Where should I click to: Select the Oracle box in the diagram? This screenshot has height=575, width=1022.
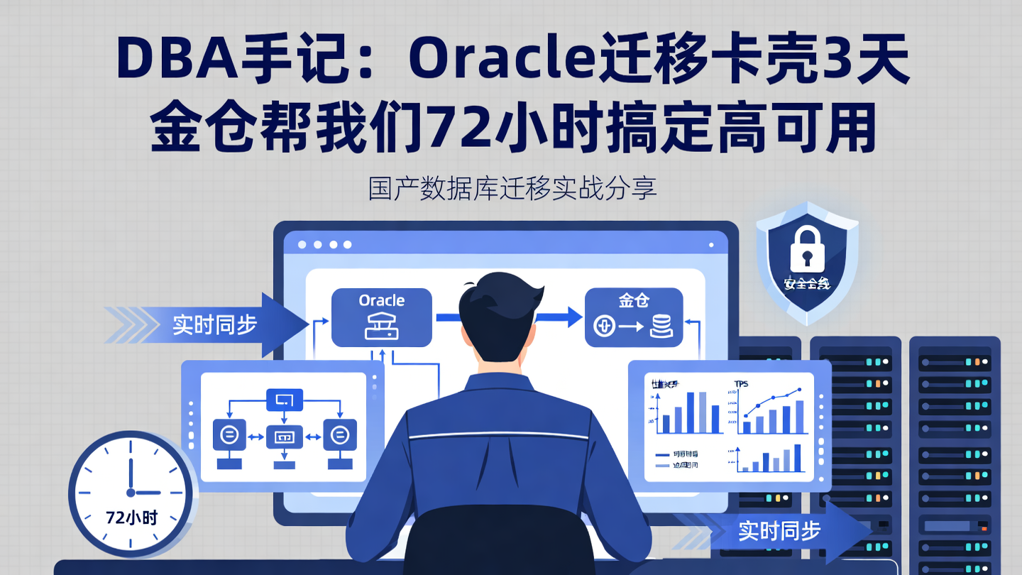pos(382,317)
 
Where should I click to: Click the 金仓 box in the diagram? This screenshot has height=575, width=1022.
pos(633,317)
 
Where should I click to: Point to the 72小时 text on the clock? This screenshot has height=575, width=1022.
pos(131,517)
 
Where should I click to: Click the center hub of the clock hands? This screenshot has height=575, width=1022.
pos(131,492)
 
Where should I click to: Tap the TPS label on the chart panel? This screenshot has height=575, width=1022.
pos(742,384)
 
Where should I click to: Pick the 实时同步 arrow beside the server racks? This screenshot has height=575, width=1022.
pos(781,530)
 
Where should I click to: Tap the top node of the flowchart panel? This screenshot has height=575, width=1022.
pos(283,400)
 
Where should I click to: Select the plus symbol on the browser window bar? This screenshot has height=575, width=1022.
pos(711,243)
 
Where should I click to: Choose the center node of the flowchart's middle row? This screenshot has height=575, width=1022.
pos(283,434)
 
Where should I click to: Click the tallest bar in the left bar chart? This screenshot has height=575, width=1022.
pos(700,412)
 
